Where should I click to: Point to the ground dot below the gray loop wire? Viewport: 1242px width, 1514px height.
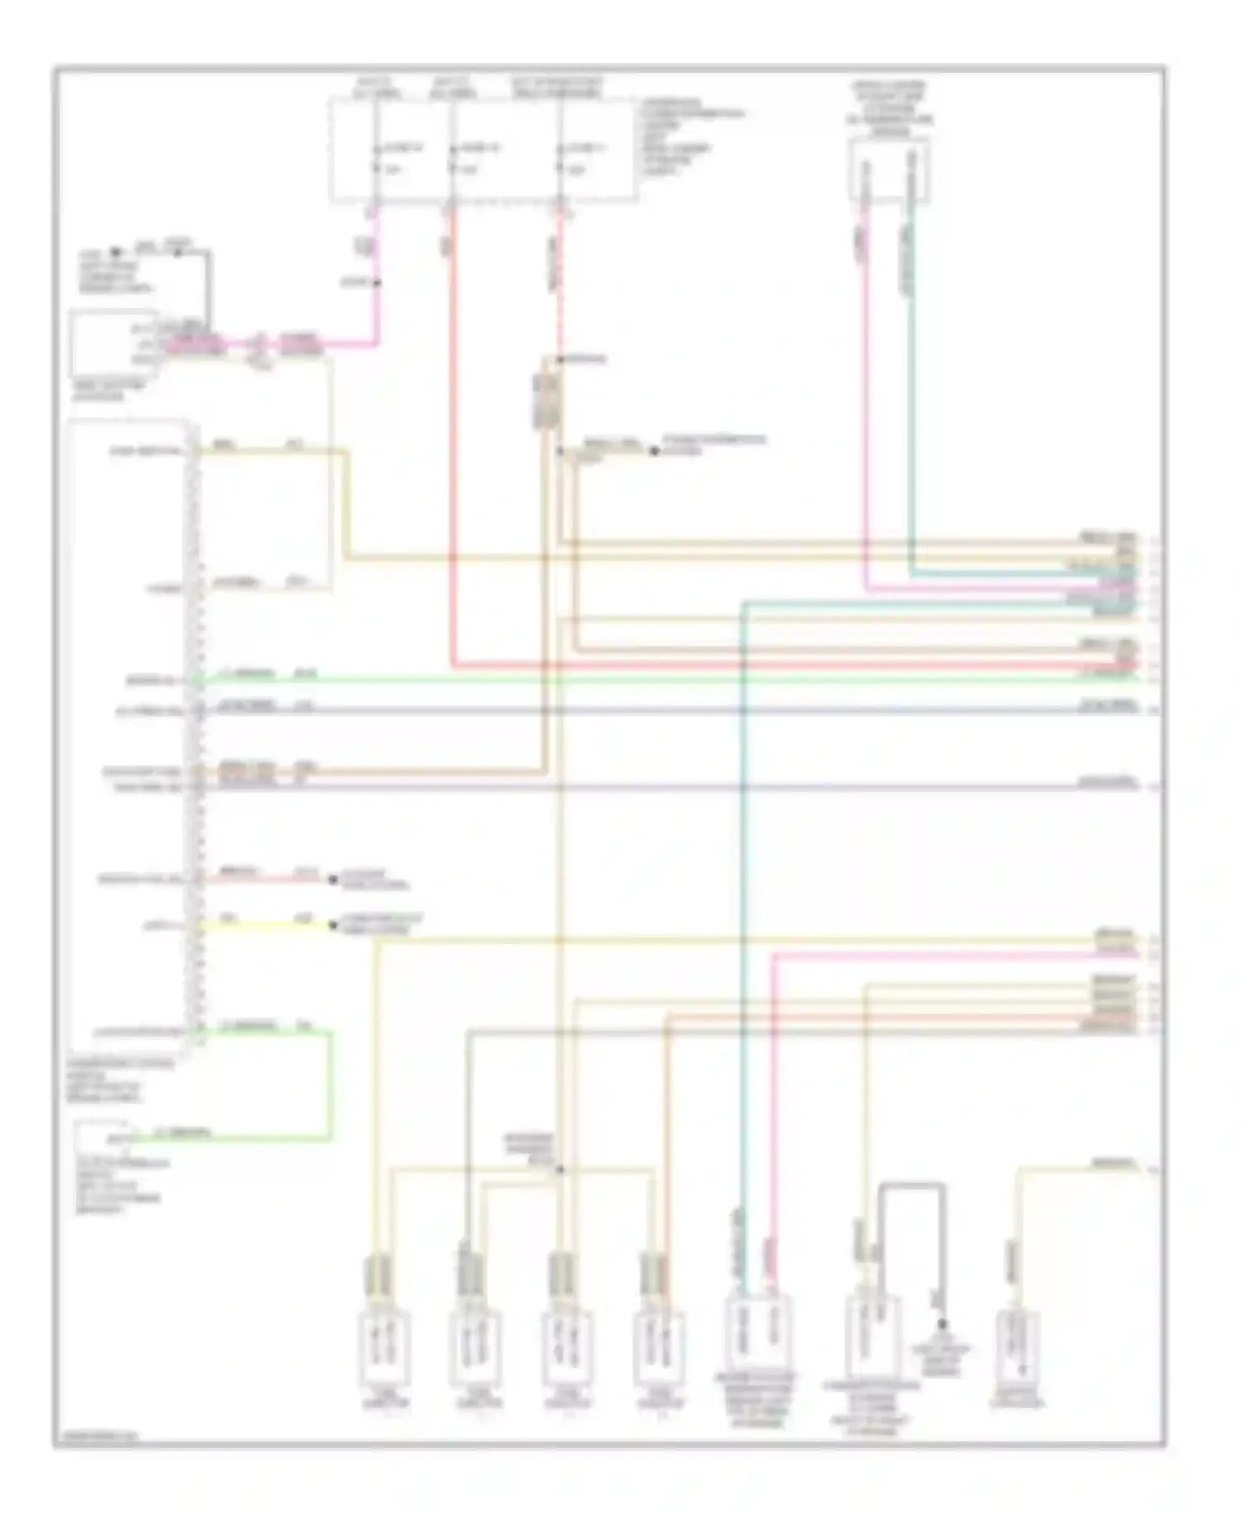click(x=942, y=1325)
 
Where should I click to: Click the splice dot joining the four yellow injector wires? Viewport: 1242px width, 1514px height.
click(x=560, y=1169)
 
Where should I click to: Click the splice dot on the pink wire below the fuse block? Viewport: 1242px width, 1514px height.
click(x=377, y=283)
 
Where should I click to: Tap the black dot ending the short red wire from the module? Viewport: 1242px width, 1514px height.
click(x=334, y=880)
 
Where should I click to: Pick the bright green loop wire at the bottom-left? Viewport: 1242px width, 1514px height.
click(x=330, y=1085)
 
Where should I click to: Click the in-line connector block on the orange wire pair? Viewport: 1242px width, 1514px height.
click(x=546, y=402)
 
